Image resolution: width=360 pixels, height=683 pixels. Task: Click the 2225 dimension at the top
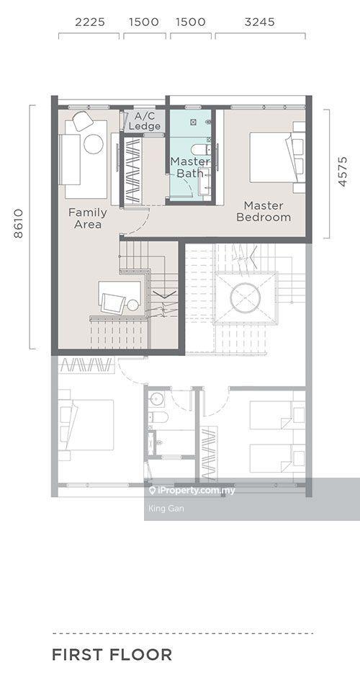(x=90, y=22)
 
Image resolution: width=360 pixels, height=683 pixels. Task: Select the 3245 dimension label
(x=259, y=22)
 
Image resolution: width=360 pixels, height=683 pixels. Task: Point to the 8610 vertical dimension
(x=18, y=224)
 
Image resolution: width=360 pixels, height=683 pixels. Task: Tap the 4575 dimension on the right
(x=343, y=171)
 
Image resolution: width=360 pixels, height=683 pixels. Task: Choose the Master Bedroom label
(x=264, y=211)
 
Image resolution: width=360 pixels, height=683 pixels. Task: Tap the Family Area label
(x=88, y=218)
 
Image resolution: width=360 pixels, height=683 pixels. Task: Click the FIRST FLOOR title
(x=112, y=655)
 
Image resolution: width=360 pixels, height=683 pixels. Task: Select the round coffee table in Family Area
(x=94, y=144)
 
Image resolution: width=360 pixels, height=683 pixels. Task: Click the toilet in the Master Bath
(x=201, y=149)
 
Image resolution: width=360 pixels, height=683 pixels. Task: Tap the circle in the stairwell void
(x=245, y=298)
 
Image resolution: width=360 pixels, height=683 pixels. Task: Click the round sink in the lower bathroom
(x=156, y=398)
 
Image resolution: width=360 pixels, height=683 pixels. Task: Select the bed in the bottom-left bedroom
(x=86, y=424)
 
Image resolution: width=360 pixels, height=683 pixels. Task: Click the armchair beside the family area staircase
(x=113, y=303)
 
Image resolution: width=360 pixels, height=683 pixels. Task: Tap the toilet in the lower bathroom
(x=158, y=417)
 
